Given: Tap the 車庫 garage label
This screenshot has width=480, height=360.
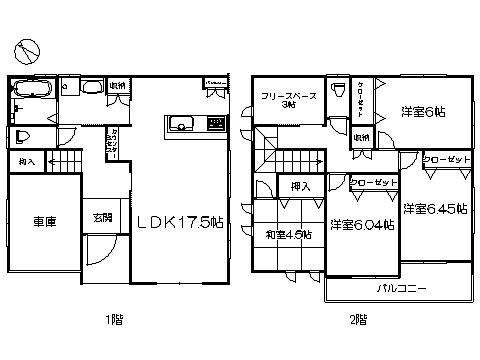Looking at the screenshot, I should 42,223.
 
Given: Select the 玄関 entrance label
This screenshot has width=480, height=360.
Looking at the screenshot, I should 103,216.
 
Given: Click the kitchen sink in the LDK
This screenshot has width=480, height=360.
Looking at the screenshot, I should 182,124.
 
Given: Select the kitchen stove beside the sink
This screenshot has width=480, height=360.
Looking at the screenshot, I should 215,124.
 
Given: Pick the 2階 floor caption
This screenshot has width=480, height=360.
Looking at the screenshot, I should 359,320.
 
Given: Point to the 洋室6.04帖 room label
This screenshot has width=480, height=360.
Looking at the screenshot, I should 362,226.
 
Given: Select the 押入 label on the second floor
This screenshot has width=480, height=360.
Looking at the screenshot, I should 301,186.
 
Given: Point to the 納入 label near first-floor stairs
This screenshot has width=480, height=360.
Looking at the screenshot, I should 26,160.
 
